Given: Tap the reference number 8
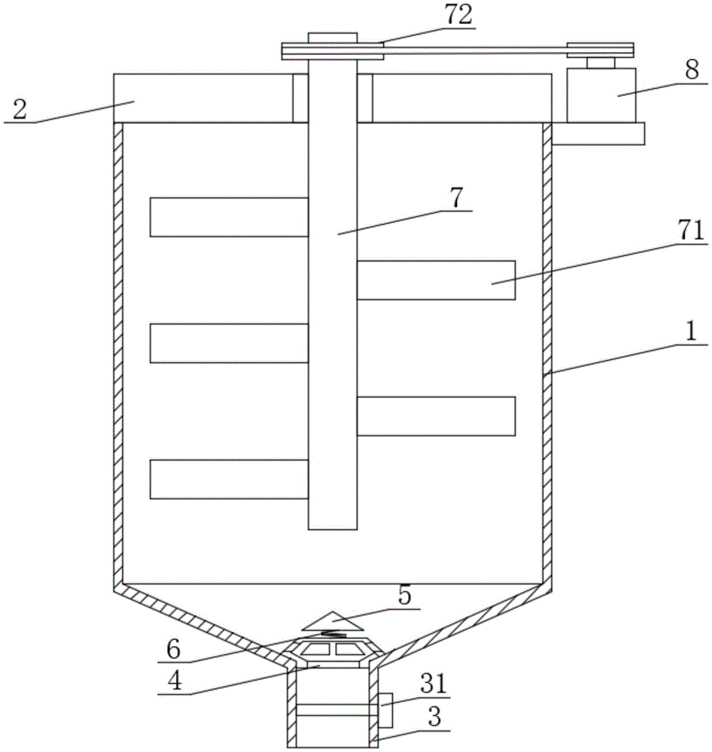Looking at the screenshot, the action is (692, 70).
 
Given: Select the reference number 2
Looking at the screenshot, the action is (20, 110).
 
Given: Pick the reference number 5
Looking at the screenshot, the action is (404, 596).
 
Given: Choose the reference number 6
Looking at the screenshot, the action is (173, 649).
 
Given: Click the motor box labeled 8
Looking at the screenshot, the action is (602, 96).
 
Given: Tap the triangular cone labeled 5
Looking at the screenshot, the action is (332, 621).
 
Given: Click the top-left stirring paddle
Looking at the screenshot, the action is (229, 217).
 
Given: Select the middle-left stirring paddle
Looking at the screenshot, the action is (229, 343).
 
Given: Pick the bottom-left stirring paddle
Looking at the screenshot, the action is (229, 479).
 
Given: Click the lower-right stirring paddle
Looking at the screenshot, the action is (436, 416).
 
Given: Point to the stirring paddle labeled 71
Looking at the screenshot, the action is (436, 280).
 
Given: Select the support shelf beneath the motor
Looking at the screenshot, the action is (598, 134).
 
